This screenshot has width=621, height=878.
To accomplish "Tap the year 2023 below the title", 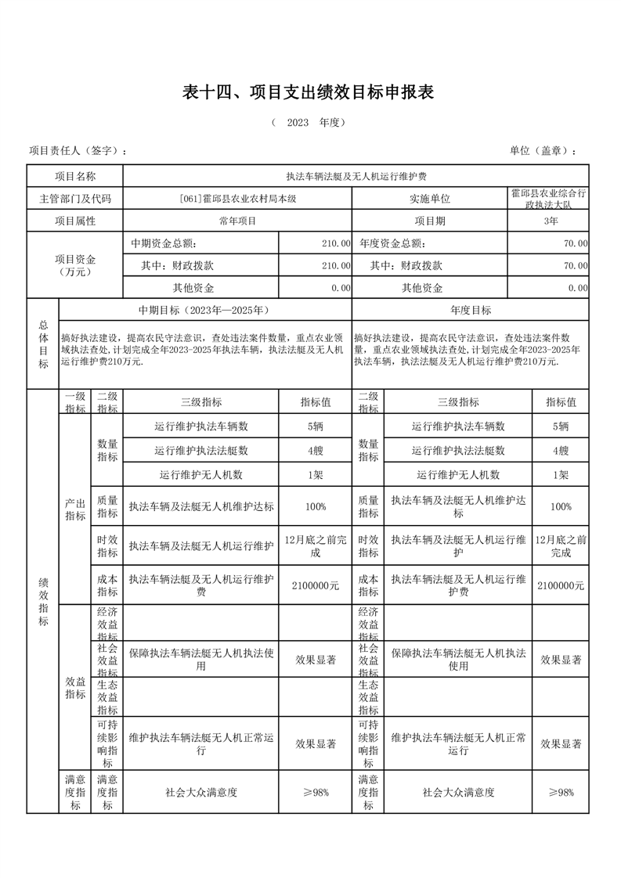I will click(298, 123).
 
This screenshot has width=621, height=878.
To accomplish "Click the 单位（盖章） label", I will click(543, 151).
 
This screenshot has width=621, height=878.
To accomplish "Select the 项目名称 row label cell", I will click(75, 177).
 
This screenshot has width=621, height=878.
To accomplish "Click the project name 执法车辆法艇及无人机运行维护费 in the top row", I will click(356, 177).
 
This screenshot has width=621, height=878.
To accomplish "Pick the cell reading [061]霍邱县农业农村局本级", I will click(237, 199).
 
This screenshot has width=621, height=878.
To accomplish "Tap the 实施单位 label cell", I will click(430, 199).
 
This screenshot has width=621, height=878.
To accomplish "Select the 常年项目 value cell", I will click(237, 221).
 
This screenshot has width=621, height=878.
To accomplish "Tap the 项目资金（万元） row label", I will click(75, 265).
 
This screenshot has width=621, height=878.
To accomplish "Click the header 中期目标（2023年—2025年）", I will click(205, 310).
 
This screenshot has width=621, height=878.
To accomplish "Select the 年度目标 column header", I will click(471, 310).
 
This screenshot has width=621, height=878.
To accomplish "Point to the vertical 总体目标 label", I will click(43, 344).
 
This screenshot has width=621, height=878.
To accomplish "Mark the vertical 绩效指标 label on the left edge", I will click(43, 601).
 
